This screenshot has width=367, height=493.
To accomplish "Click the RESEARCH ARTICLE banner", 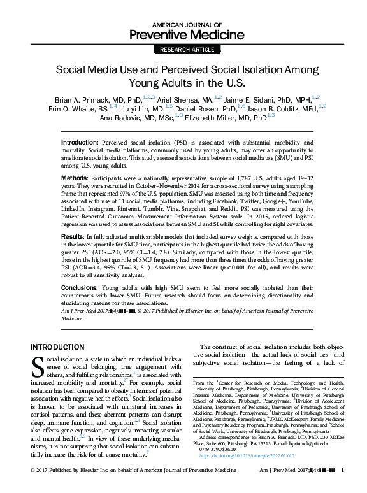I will pyautogui.click(x=183, y=48).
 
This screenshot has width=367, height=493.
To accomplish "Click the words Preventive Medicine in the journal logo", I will pyautogui.click(x=183, y=33).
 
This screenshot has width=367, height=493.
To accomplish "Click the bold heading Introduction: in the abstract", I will pyautogui.click(x=80, y=141).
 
